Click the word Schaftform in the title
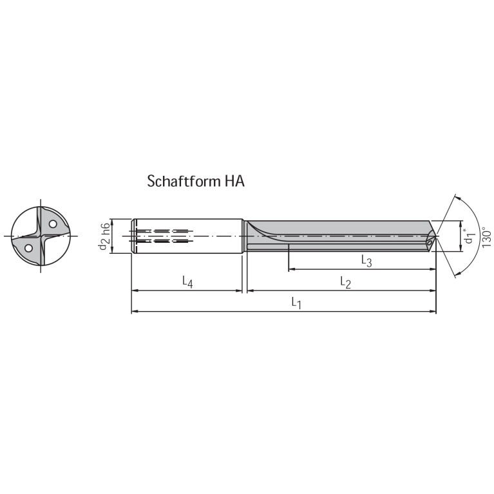point(184,181)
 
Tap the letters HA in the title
point(234,181)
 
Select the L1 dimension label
point(296,301)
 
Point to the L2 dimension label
point(345,281)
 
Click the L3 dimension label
point(366,260)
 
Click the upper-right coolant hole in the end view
point(53,224)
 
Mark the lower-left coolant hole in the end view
point(28,247)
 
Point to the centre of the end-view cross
point(40,236)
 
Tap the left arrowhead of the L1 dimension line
point(134,312)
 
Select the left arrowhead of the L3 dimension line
point(291,269)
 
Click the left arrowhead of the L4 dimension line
point(134,290)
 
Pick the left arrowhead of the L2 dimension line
point(250,290)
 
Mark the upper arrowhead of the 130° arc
point(456,197)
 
